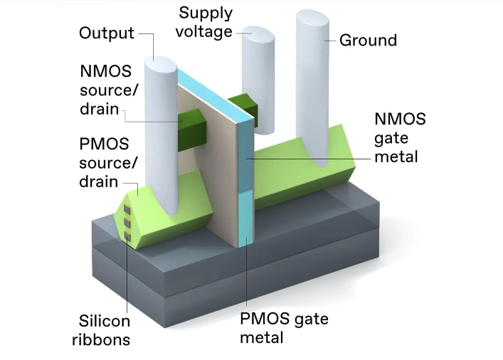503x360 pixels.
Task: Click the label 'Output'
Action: (107, 33)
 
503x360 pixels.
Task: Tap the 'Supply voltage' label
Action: (206, 22)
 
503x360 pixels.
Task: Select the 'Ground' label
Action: (367, 40)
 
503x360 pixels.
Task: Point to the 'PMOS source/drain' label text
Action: (104, 162)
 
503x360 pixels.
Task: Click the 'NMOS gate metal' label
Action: (400, 137)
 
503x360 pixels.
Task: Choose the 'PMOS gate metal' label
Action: (284, 327)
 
